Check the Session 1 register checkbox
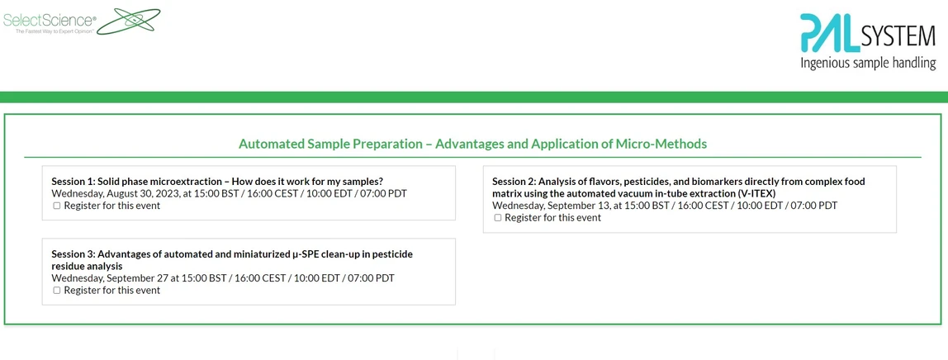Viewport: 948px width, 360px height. coord(57,206)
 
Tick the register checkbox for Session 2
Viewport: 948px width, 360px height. coord(498,218)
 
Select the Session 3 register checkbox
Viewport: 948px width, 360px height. coord(57,291)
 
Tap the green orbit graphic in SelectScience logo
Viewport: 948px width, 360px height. coord(128,21)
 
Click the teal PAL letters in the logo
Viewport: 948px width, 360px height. coord(829,33)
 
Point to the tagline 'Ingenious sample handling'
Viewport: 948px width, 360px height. coord(868,64)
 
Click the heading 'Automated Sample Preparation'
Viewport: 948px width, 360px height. coord(329,144)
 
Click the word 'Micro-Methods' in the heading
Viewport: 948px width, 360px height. coord(661,144)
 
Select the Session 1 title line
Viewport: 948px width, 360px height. coord(217,182)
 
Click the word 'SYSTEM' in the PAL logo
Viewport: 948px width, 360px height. coord(898,37)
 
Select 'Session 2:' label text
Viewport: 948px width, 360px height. coord(514,182)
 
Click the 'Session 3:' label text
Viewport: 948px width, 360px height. coord(73,254)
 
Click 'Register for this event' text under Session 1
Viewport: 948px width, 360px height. coord(112,206)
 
